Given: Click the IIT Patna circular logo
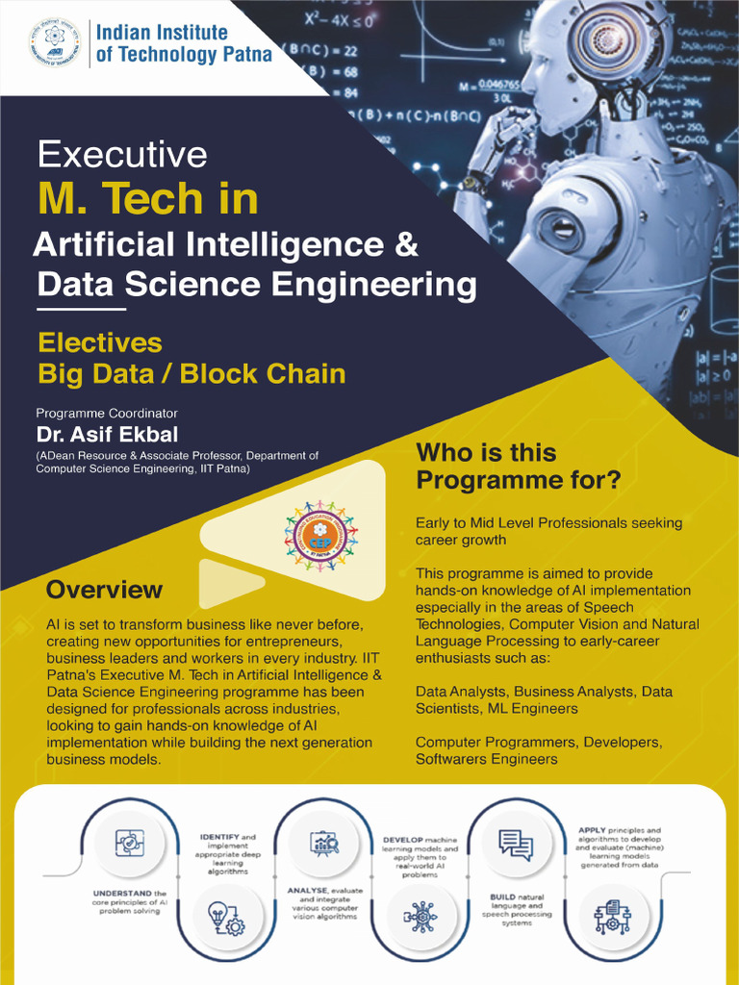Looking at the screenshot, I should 56,42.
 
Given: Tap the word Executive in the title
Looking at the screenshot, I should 122,154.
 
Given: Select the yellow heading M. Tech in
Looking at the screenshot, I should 147,198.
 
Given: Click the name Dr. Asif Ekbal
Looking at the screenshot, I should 107,434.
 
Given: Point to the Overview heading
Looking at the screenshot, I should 104,589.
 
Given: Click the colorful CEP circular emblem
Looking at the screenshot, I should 320,535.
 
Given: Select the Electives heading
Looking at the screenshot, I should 99,342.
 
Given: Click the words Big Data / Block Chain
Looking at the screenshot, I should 191,373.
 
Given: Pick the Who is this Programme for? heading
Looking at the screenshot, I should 518,466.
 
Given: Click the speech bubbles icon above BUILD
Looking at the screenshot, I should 516,845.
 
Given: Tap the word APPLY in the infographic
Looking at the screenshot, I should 593,830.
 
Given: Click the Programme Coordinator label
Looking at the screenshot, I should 107,413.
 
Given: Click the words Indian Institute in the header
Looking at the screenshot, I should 162,32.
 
